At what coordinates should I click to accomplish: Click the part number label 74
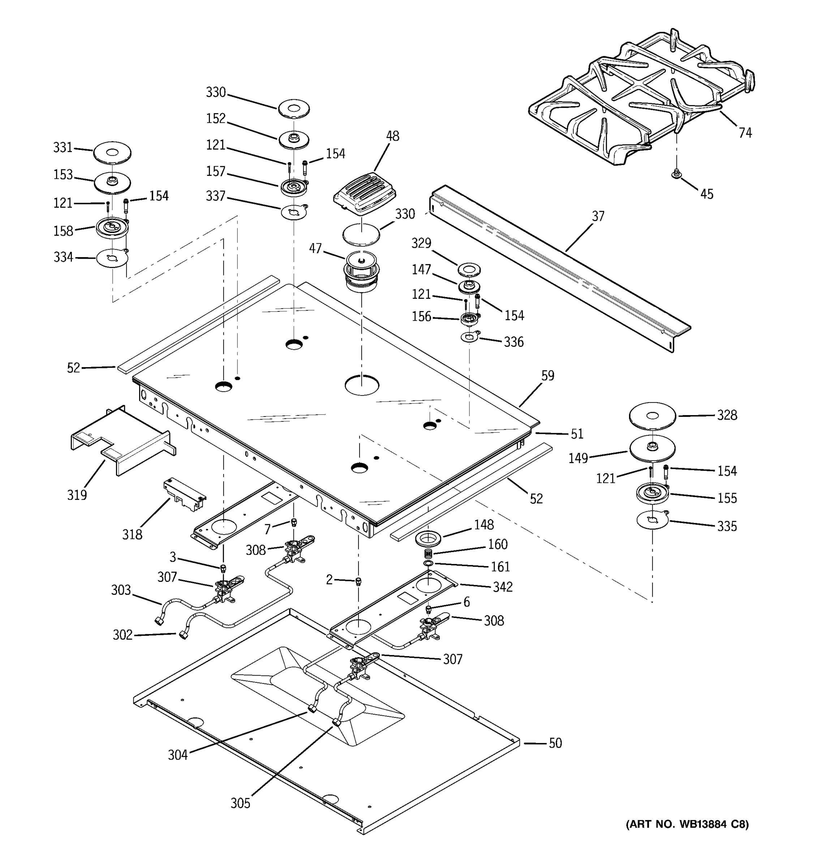745,133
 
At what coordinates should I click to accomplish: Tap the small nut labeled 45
676,174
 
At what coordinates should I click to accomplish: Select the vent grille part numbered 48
365,194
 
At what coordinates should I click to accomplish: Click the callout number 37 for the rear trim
598,216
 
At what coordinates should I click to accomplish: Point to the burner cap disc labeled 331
112,153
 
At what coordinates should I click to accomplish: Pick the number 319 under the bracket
77,495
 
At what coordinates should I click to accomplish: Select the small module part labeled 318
185,494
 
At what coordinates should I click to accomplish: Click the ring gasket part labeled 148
428,539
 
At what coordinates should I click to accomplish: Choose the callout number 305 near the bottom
240,803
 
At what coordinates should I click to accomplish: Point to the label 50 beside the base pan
555,743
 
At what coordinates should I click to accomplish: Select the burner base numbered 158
112,229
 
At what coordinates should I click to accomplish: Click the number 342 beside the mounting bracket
503,587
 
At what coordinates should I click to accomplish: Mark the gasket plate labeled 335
652,521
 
